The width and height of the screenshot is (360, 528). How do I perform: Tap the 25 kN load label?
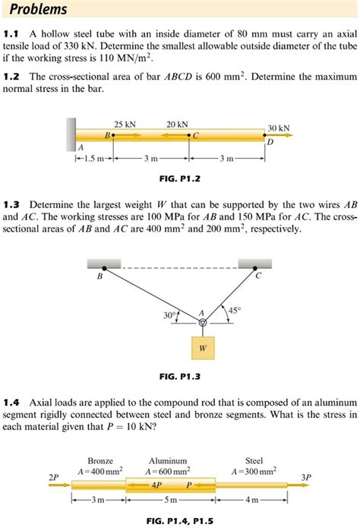pyautogui.click(x=125, y=124)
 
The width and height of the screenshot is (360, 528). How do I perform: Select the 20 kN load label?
pyautogui.click(x=177, y=124)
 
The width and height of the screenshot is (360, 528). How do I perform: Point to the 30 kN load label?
pyautogui.click(x=279, y=129)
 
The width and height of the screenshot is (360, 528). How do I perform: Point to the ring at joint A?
pyautogui.click(x=202, y=324)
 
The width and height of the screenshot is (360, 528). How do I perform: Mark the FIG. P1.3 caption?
pyautogui.click(x=180, y=376)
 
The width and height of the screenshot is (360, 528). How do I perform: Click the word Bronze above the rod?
pyautogui.click(x=100, y=461)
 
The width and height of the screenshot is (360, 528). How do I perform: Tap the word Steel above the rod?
pyautogui.click(x=254, y=461)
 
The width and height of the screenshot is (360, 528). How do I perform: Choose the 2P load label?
pyautogui.click(x=52, y=477)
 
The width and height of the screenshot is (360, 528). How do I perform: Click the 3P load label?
pyautogui.click(x=305, y=477)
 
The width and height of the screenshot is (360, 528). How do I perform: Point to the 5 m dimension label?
pyautogui.click(x=173, y=501)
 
